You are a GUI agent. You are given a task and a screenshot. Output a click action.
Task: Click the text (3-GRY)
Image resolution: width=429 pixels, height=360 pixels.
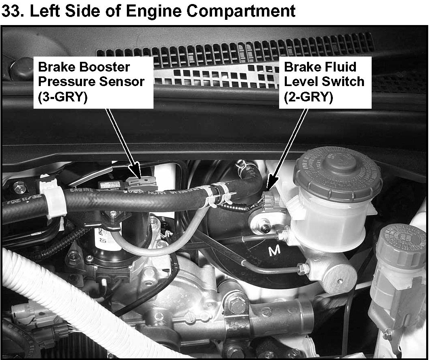(x=63, y=97)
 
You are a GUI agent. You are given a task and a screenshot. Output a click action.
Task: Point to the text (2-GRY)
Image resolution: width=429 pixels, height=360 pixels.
(x=308, y=97)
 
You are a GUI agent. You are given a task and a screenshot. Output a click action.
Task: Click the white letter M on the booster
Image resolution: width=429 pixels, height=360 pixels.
(x=274, y=251)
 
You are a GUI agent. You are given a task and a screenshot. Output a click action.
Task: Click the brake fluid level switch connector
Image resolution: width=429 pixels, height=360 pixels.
(x=271, y=201)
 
